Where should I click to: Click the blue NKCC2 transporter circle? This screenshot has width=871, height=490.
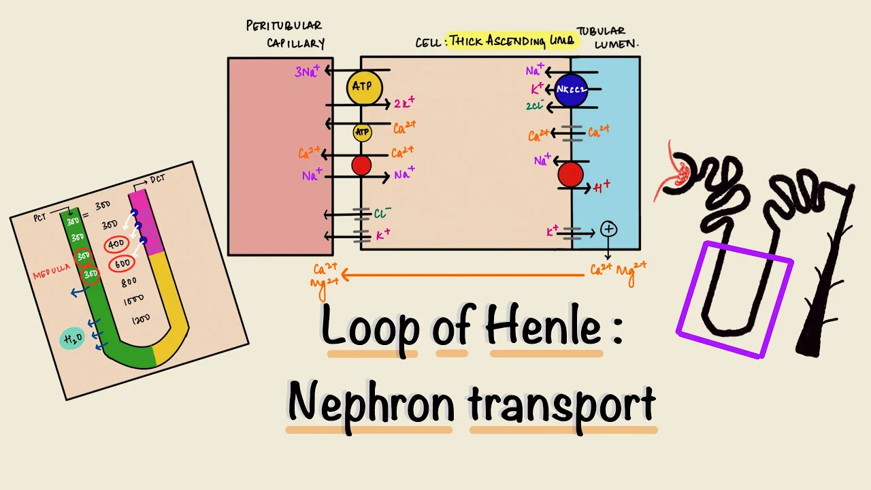coord(571,90)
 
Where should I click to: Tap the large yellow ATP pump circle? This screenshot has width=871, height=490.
coord(364,87)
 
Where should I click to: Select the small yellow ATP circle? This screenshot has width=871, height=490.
coord(362,131)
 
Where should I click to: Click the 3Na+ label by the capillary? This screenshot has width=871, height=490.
coord(308,71)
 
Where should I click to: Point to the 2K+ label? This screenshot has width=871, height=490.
coord(404,104)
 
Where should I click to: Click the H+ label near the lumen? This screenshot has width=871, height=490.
coord(602,187)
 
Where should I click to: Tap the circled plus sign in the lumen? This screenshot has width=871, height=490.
coord(609,229)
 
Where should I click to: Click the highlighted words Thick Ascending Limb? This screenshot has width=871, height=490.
coord(511,41)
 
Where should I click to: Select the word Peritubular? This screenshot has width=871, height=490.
coord(284,26)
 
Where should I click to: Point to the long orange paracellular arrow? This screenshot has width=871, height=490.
coord(463,275)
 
